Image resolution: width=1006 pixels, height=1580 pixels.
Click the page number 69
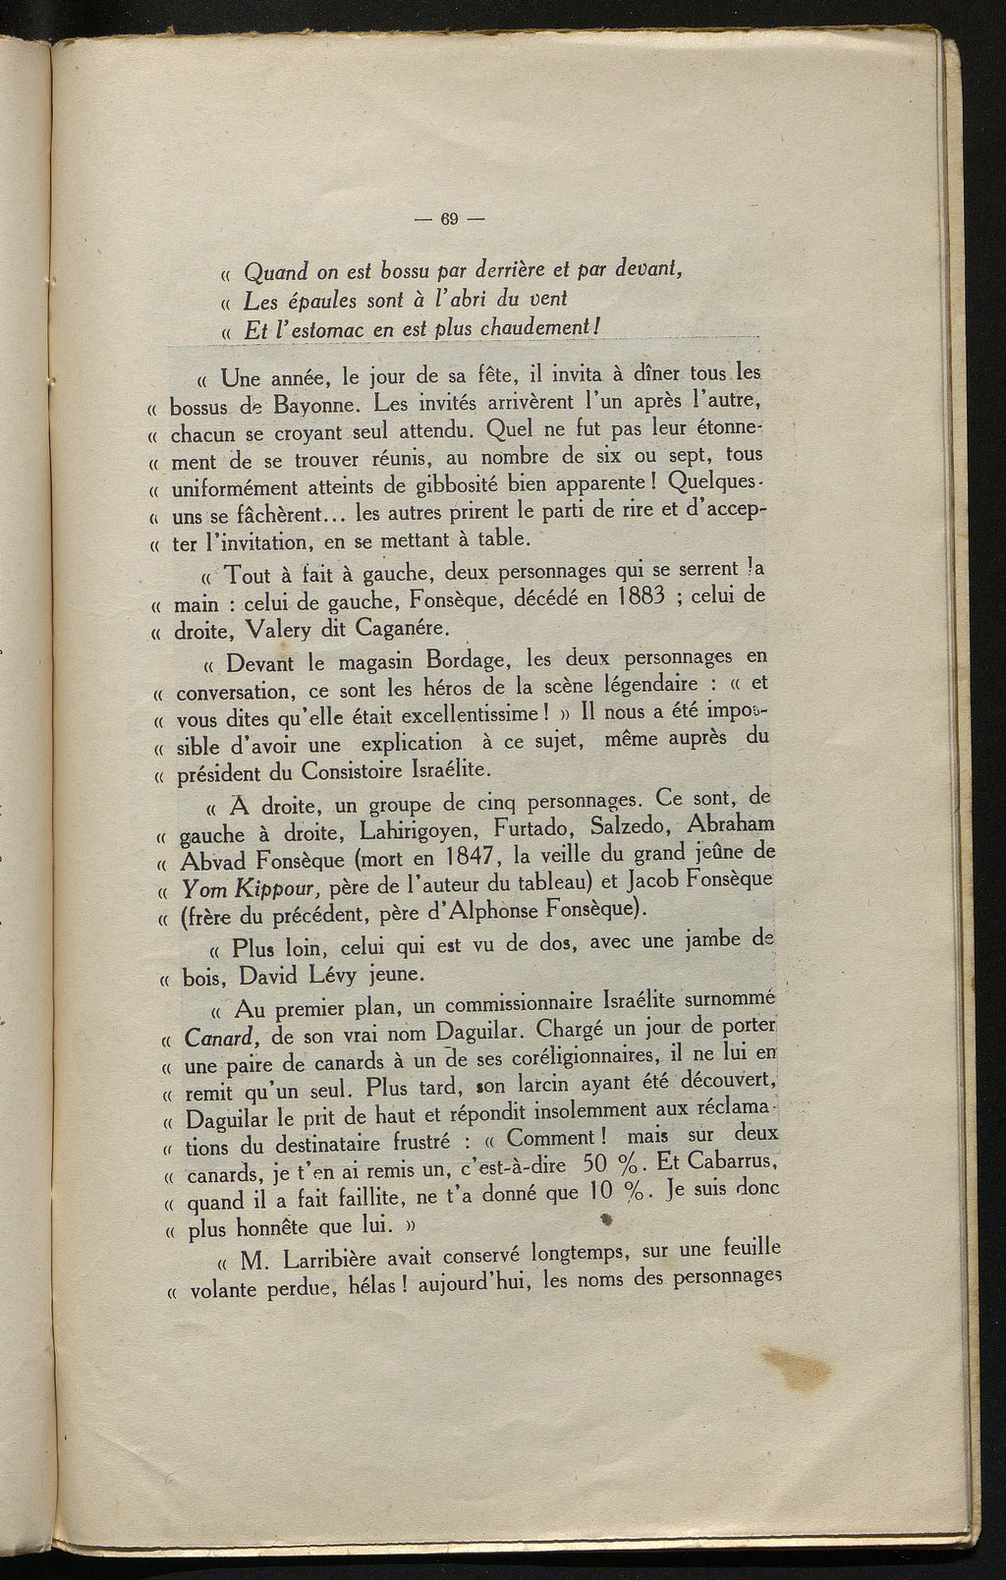point(451,218)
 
